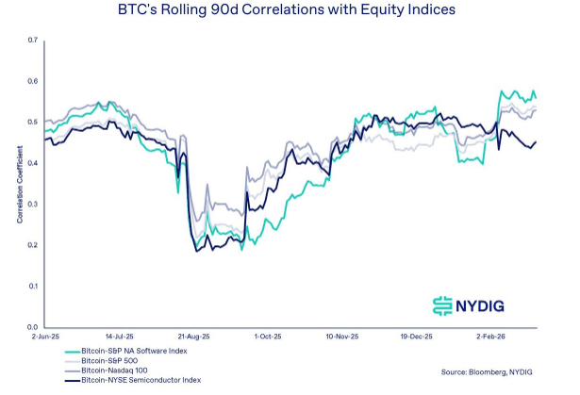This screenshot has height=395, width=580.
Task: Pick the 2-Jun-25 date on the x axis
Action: coord(44,336)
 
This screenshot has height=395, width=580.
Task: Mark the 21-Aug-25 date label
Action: coord(192,336)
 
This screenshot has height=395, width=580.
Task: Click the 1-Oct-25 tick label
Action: coord(267,336)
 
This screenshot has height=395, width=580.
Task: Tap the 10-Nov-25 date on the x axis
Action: coord(342,336)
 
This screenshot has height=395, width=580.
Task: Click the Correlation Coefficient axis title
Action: coord(18,184)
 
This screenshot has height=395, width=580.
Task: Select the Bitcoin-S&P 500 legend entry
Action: coord(110,362)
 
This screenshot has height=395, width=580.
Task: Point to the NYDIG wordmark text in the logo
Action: coord(489,304)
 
